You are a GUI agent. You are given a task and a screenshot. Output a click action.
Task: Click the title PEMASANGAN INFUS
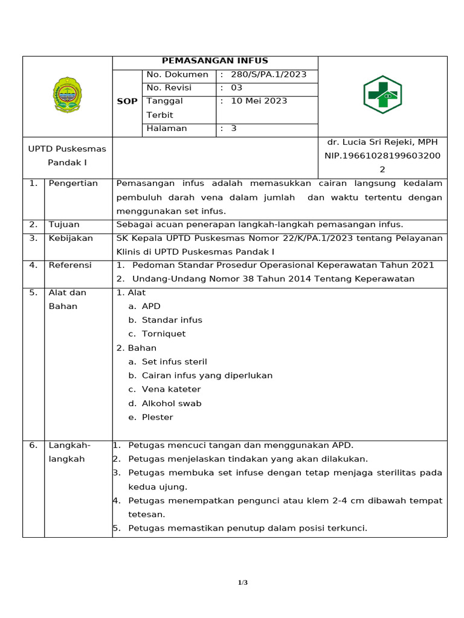[x=214, y=61]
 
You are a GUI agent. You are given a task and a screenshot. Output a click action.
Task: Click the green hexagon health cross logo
[x=382, y=95]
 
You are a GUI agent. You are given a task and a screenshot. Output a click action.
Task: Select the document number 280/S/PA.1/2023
[x=268, y=75]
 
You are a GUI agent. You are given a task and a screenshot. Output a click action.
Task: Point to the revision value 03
[x=237, y=88]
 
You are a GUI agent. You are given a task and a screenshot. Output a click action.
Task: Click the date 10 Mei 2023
[x=259, y=101]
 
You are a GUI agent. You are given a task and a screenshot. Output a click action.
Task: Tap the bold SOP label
[x=127, y=101]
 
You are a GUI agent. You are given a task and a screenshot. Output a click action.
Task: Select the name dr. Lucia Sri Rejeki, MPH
[x=382, y=142]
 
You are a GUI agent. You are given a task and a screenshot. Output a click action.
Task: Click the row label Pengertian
[x=73, y=183]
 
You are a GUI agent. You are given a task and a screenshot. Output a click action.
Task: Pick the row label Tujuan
[x=64, y=225]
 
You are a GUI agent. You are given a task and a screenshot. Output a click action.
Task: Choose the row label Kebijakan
[x=71, y=238]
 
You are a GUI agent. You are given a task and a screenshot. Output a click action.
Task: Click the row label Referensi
[x=70, y=266]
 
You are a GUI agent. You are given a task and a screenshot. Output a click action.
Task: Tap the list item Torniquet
[x=164, y=334]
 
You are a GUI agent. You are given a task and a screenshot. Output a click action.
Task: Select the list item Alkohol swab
[x=172, y=404]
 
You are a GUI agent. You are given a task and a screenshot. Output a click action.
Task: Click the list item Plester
[x=157, y=418]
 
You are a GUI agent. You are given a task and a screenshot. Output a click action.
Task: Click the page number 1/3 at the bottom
[x=242, y=582]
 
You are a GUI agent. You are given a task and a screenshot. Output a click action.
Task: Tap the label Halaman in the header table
[x=167, y=129]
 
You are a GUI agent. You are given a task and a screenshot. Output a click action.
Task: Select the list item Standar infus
[x=172, y=320]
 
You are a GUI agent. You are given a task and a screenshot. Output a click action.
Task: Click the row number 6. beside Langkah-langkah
[x=33, y=445]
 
